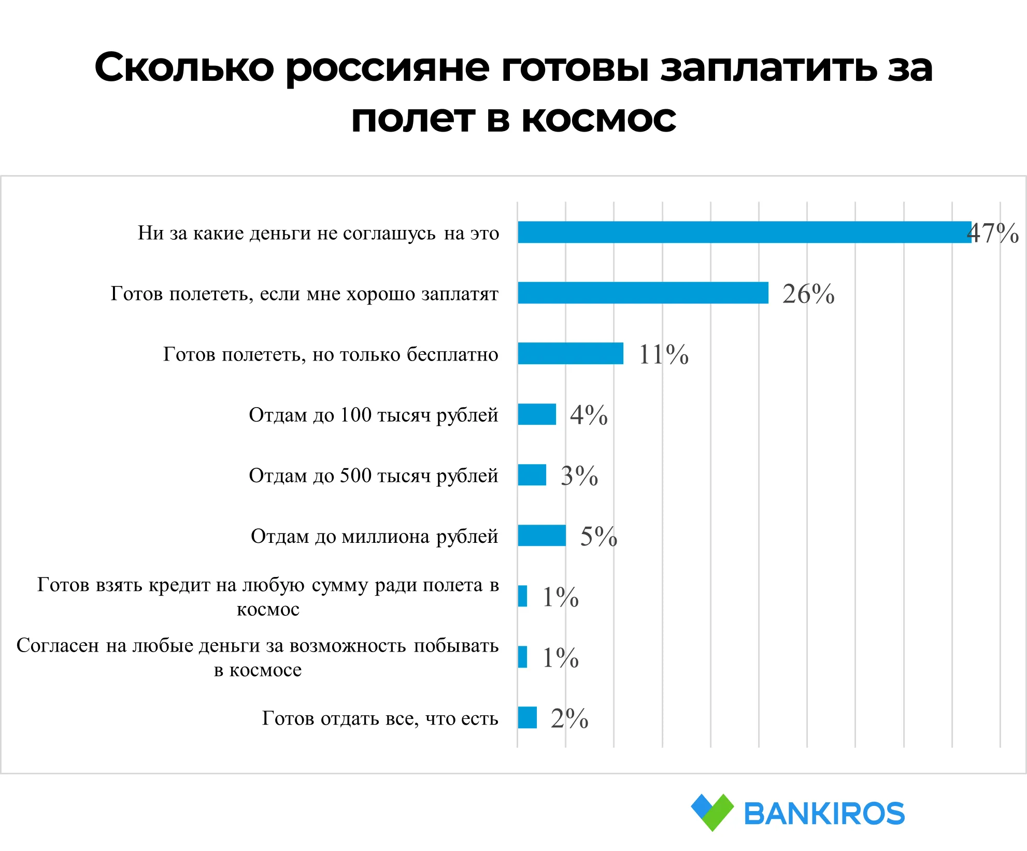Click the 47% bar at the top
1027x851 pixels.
pos(744,232)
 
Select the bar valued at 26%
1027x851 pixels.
pos(643,293)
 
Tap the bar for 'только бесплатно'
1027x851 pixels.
pos(570,353)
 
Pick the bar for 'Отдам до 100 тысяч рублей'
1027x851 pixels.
pos(537,414)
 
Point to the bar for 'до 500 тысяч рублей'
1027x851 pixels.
pos(532,475)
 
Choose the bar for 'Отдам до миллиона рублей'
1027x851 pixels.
pos(541,536)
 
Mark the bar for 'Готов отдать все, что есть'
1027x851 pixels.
pos(527,717)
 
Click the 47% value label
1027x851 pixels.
pos(993,233)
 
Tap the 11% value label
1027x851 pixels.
pos(663,355)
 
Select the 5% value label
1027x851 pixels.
pos(598,537)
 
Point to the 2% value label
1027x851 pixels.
pos(569,718)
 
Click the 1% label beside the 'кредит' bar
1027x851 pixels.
pos(560,597)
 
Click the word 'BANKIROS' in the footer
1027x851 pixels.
pos(824,813)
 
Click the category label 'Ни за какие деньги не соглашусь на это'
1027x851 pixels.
pos(318,233)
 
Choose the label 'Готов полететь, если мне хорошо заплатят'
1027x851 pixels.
pos(304,294)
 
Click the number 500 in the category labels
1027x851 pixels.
pos(355,475)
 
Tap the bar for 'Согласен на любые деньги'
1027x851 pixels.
pos(522,657)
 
